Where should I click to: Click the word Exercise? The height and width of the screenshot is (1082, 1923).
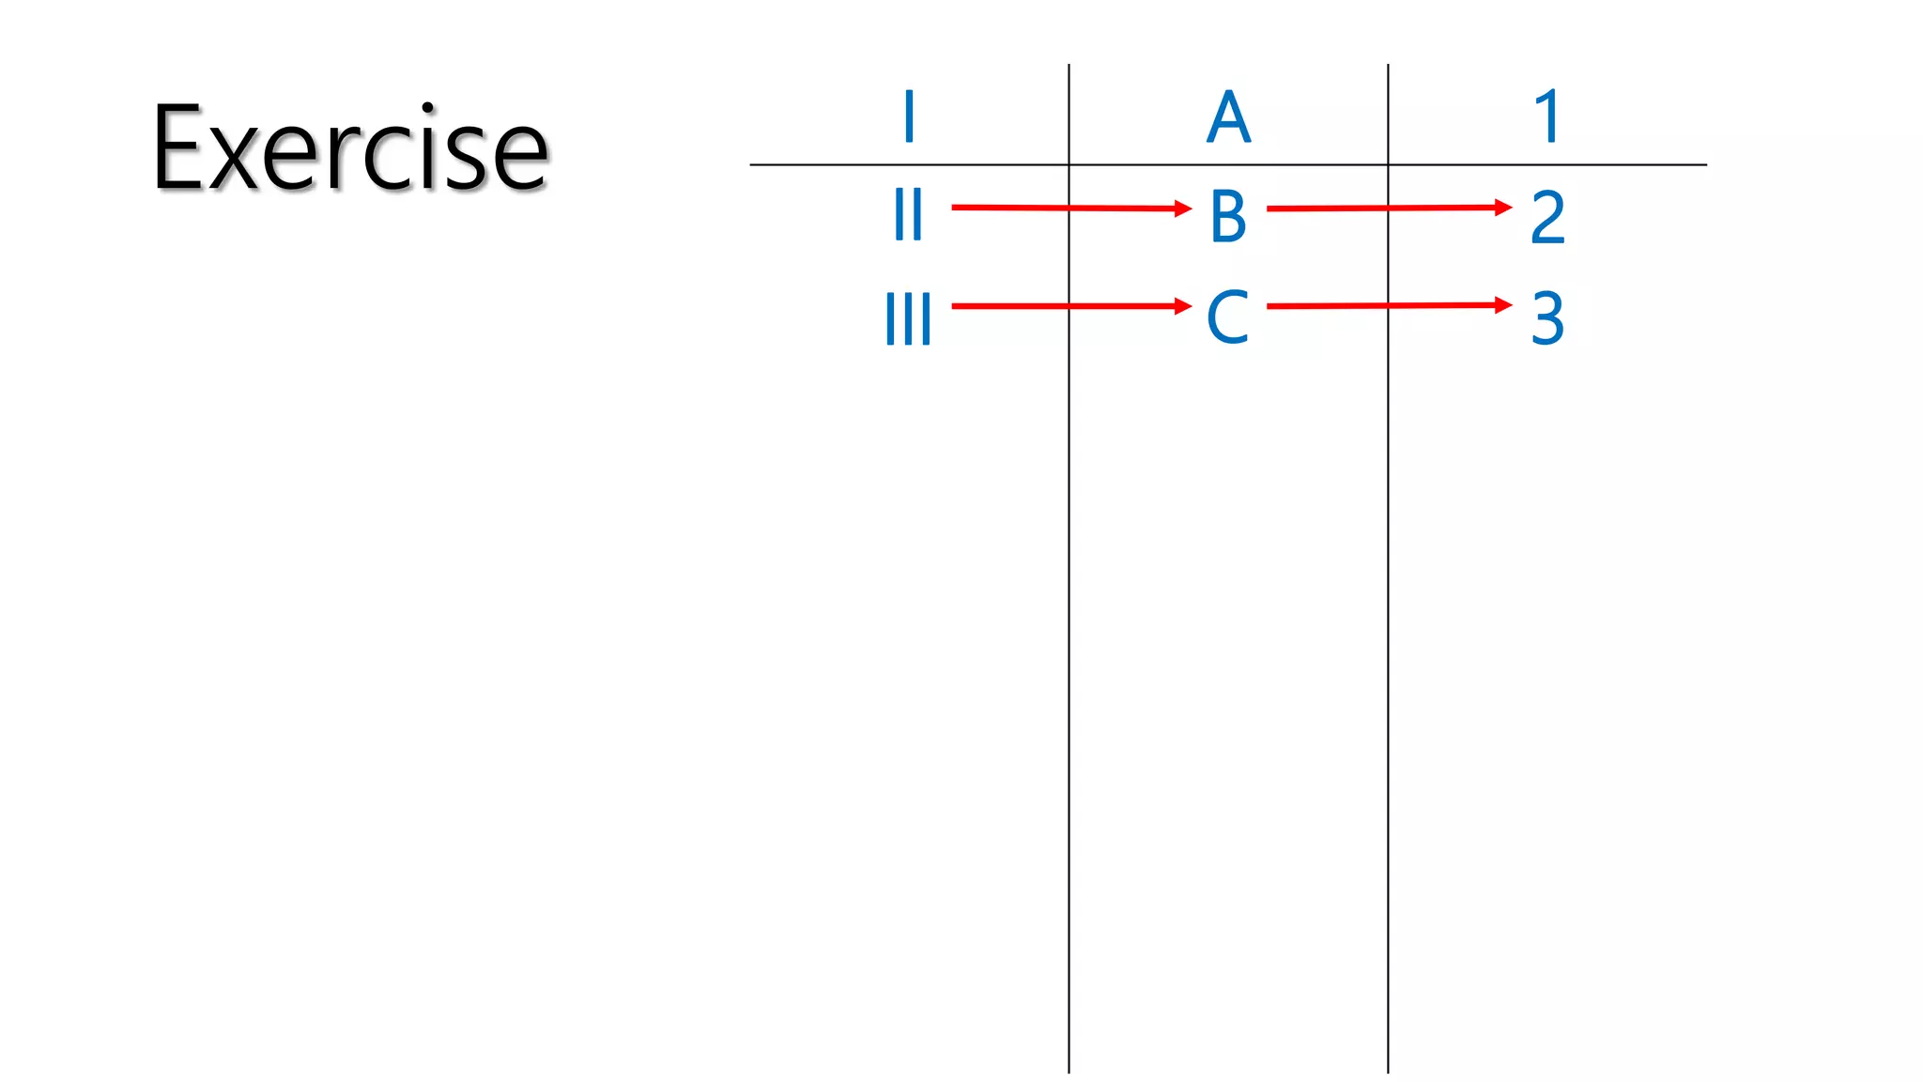[x=349, y=148]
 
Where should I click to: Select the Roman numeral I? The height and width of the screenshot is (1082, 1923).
[x=908, y=117]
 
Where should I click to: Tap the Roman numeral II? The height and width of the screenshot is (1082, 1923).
[x=908, y=215]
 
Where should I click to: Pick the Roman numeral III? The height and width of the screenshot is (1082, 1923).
[x=908, y=318]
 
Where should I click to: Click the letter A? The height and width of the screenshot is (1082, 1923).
[x=1228, y=118]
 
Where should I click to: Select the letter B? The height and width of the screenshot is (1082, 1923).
[x=1228, y=217]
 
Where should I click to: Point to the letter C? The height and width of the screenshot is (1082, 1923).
[x=1227, y=317]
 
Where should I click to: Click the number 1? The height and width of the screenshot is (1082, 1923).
[x=1547, y=117]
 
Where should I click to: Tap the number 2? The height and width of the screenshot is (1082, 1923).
[x=1547, y=217]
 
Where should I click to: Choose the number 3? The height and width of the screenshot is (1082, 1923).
[x=1547, y=318]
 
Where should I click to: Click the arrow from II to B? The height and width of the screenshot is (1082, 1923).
[x=1061, y=208]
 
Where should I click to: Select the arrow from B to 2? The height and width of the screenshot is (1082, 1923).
[x=1380, y=208]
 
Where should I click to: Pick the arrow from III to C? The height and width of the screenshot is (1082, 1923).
[x=1061, y=306]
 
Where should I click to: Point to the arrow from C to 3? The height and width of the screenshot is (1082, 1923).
[x=1380, y=305]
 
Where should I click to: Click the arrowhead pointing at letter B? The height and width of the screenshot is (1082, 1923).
[x=1183, y=209]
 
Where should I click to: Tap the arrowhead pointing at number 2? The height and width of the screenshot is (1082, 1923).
[x=1503, y=207]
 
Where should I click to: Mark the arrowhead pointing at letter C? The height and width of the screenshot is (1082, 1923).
[x=1183, y=306]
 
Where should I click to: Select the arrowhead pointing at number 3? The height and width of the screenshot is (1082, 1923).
[x=1503, y=304]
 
